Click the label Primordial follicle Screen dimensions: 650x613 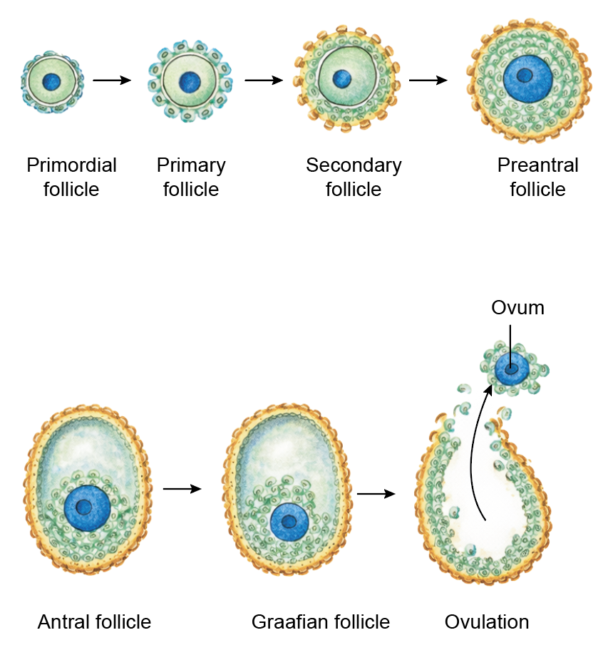click(71, 177)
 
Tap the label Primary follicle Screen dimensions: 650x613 click(191, 177)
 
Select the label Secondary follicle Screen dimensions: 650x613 click(354, 177)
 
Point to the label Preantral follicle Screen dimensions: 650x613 click(537, 177)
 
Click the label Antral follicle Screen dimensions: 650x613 click(94, 622)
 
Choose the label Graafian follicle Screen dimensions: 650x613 click(321, 622)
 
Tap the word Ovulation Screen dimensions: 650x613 click(487, 622)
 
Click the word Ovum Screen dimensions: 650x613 click(517, 308)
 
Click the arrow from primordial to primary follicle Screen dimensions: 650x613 click(112, 80)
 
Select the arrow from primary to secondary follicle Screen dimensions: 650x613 click(263, 80)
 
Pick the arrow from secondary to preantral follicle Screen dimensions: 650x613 click(428, 80)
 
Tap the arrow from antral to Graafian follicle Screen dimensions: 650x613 click(182, 489)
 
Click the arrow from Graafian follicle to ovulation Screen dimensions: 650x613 click(376, 493)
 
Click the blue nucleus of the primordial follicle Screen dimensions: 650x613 click(51, 81)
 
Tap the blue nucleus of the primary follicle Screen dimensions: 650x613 click(190, 81)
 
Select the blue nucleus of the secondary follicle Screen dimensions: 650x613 click(343, 77)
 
